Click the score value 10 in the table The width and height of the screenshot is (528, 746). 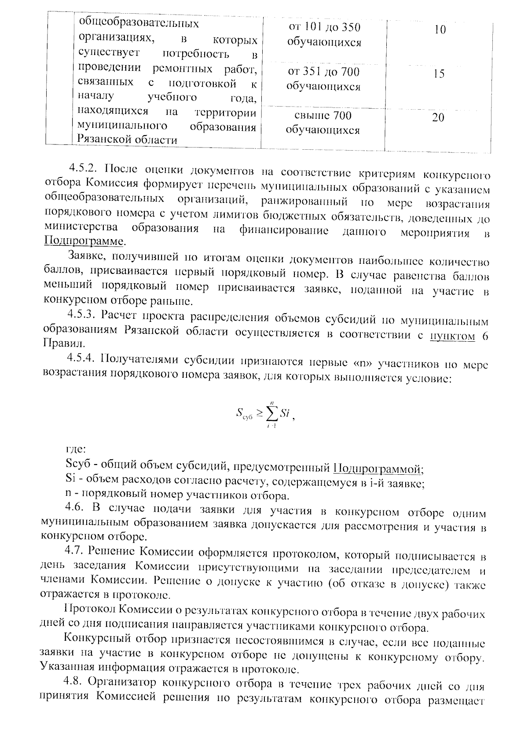(440, 30)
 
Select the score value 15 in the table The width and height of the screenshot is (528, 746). (438, 74)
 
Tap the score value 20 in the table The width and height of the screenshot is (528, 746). (438, 118)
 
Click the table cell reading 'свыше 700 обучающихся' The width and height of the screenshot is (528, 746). (323, 123)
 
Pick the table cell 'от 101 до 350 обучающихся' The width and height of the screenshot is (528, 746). (324, 35)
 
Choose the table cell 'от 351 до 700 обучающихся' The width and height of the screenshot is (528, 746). (323, 79)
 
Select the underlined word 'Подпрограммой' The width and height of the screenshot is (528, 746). (378, 469)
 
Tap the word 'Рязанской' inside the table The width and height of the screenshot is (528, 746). (102, 140)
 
